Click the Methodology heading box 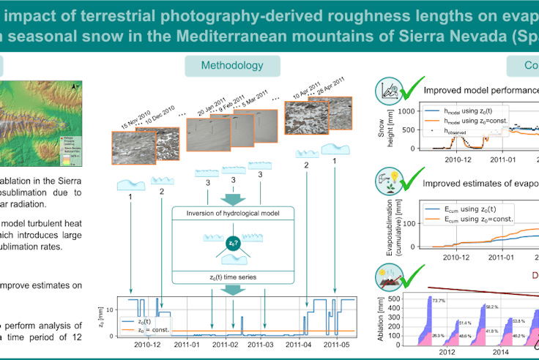(x=234, y=65)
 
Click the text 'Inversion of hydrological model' (x=234, y=213)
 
